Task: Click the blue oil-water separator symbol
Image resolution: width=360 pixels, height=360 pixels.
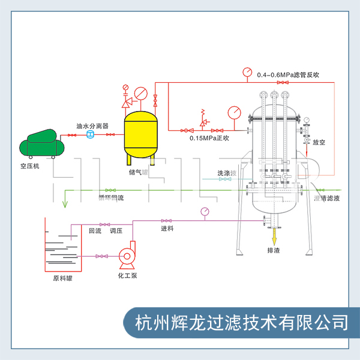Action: [91, 136]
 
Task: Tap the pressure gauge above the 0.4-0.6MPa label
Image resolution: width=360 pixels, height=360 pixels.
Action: [247, 72]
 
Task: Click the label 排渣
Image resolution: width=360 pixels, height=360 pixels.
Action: [274, 250]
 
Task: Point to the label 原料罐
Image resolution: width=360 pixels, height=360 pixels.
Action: [62, 278]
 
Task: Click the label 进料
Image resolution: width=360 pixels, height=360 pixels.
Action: [167, 229]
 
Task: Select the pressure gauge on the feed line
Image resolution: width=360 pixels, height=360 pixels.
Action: [205, 211]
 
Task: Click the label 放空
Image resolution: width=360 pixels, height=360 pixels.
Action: [319, 142]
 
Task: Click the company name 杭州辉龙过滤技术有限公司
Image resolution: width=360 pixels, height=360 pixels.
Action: [242, 322]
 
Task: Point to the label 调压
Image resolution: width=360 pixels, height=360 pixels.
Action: [115, 230]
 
